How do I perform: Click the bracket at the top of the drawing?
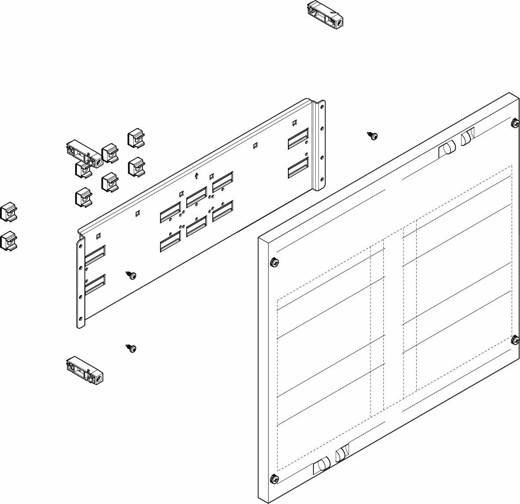point(324,14)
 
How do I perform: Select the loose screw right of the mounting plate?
point(373,136)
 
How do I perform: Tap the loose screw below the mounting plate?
point(131,348)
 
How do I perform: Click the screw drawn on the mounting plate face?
point(131,275)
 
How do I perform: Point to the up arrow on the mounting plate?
point(196,176)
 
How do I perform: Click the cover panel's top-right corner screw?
point(515,123)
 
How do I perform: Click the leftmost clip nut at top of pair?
point(8,211)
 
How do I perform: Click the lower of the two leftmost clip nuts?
point(8,241)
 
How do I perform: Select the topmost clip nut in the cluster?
point(136,138)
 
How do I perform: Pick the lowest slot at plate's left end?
point(95,285)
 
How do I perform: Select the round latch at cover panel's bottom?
point(323,464)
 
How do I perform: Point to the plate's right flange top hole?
point(321,106)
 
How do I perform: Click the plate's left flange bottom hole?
point(80,318)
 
